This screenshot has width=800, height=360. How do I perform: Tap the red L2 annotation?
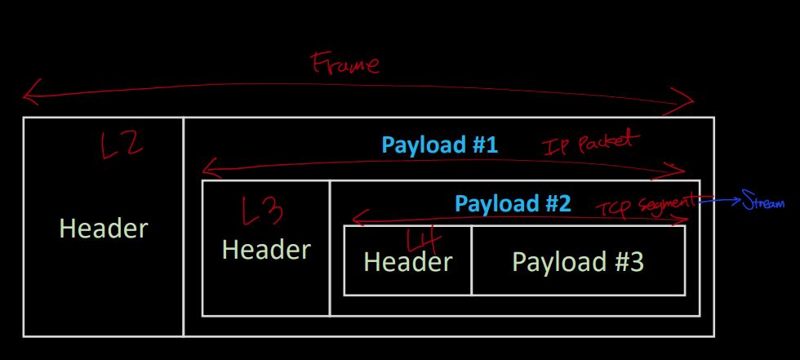[122, 147]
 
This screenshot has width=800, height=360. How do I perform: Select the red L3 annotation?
[263, 212]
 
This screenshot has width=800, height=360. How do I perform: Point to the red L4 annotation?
[424, 242]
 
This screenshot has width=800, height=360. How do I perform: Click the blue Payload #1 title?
[440, 146]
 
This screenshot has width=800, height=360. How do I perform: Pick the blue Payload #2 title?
[513, 203]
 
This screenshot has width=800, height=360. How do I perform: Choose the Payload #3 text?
[578, 261]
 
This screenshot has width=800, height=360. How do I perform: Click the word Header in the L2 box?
[104, 229]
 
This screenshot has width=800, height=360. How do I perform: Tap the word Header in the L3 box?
[266, 249]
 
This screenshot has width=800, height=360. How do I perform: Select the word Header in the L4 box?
[407, 261]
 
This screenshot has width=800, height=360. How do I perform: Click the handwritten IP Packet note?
[588, 144]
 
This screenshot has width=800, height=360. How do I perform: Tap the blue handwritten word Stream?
[763, 202]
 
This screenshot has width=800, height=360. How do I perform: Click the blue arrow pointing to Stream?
[718, 199]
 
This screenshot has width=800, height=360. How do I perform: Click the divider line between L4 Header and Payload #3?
[471, 260]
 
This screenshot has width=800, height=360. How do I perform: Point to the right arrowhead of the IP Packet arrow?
[682, 170]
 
